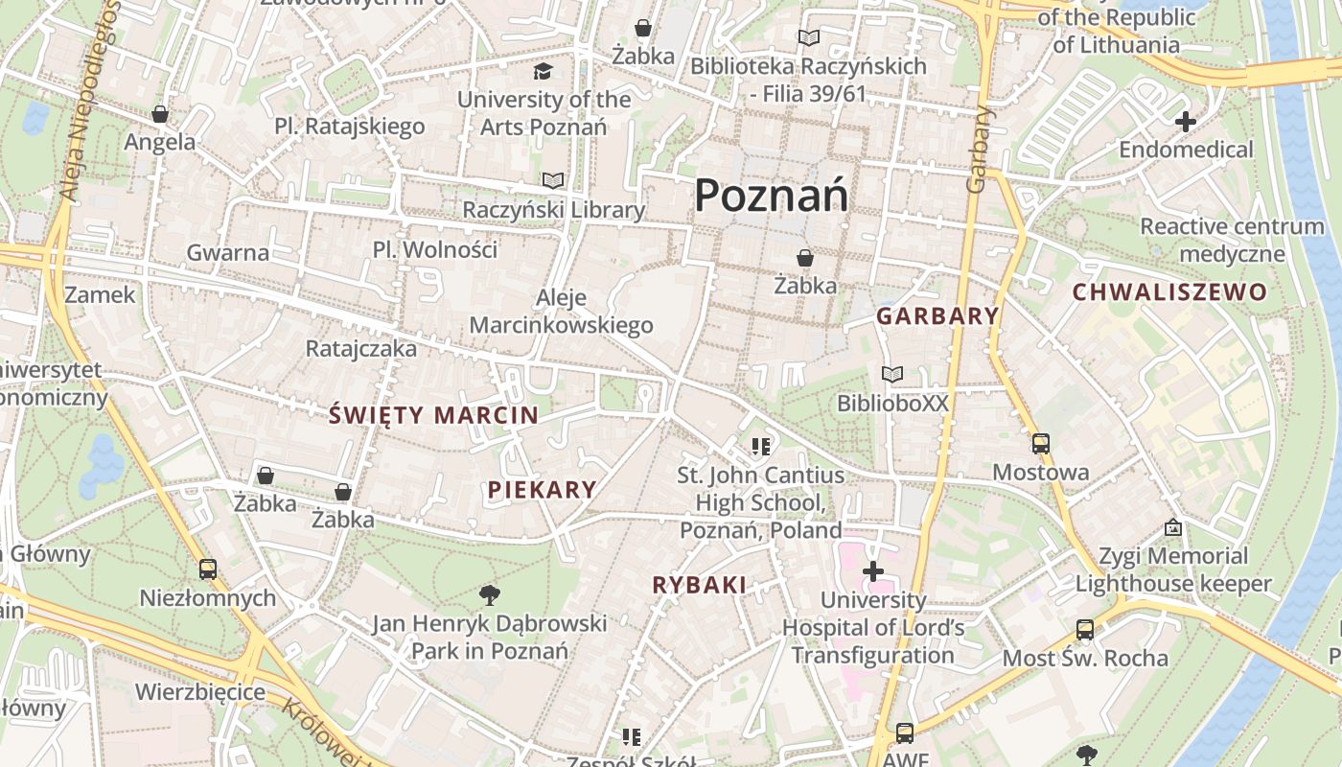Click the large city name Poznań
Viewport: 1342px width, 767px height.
[771, 196]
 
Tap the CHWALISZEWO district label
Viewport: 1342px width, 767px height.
[1169, 292]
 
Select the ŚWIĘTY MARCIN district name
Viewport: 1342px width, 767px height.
[433, 415]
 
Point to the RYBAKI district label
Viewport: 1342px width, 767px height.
[699, 585]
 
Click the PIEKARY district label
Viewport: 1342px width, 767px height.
[542, 490]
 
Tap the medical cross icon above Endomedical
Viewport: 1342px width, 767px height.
[1186, 122]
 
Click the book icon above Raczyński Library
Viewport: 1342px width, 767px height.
[552, 180]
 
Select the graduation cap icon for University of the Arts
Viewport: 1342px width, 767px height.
[543, 71]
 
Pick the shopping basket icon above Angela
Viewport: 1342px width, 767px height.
[160, 114]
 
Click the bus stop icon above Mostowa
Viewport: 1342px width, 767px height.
[1040, 444]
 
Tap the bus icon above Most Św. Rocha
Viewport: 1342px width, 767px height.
[1084, 630]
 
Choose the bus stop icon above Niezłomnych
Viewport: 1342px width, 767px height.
[208, 569]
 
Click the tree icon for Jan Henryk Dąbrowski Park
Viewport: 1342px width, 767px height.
[490, 595]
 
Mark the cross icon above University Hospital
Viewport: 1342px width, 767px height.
[872, 572]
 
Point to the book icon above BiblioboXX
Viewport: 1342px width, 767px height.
[892, 375]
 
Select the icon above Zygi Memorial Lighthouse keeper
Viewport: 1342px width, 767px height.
[1172, 527]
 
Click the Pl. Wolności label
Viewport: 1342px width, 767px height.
[435, 250]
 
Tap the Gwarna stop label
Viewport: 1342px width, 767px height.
[228, 253]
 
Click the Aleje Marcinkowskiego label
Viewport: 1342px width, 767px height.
[561, 312]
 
